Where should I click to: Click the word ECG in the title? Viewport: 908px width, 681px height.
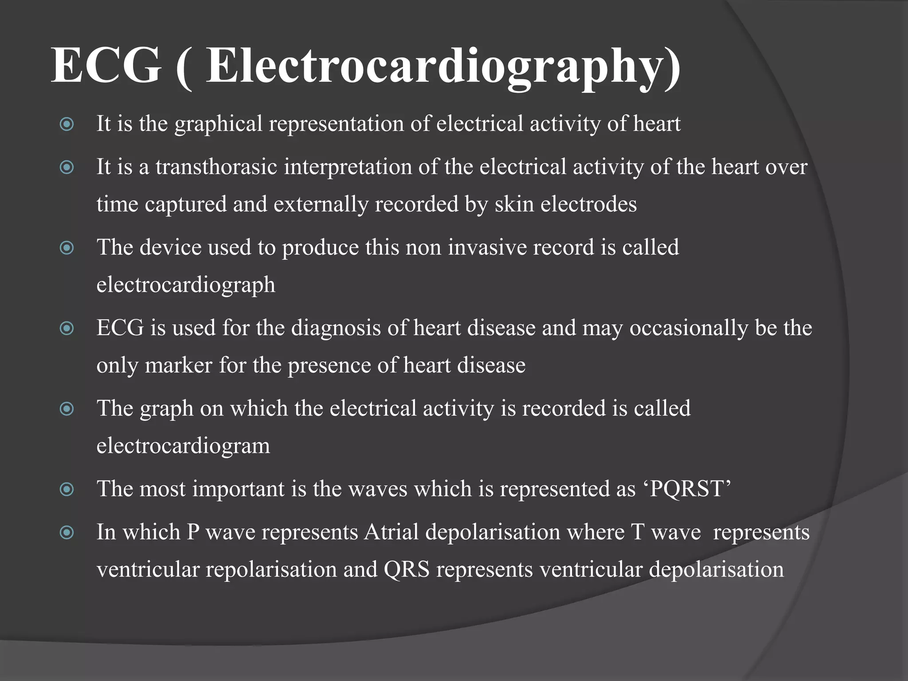click(x=106, y=66)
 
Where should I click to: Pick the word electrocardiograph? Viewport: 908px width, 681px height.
click(x=186, y=285)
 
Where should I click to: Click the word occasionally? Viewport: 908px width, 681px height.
click(x=688, y=328)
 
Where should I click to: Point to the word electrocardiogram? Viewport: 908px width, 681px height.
click(x=183, y=446)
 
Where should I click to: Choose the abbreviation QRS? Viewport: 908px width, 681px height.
click(x=407, y=569)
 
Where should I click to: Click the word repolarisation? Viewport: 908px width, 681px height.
click(x=271, y=569)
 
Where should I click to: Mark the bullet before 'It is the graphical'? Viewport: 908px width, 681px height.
click(x=67, y=124)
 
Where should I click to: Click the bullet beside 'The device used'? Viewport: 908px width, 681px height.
click(x=67, y=248)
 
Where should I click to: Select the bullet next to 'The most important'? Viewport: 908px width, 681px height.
click(x=67, y=489)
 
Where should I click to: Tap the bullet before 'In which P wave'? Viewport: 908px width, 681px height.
click(x=67, y=532)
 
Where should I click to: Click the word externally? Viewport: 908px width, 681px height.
click(x=321, y=204)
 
